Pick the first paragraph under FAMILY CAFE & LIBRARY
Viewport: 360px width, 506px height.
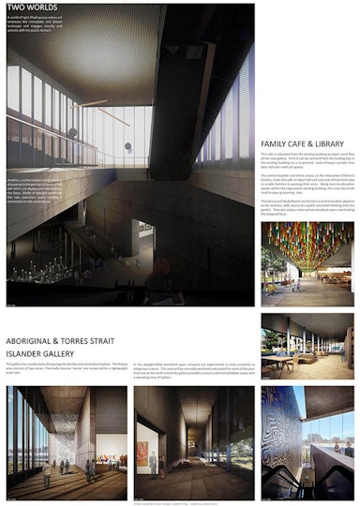tap(306, 164)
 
